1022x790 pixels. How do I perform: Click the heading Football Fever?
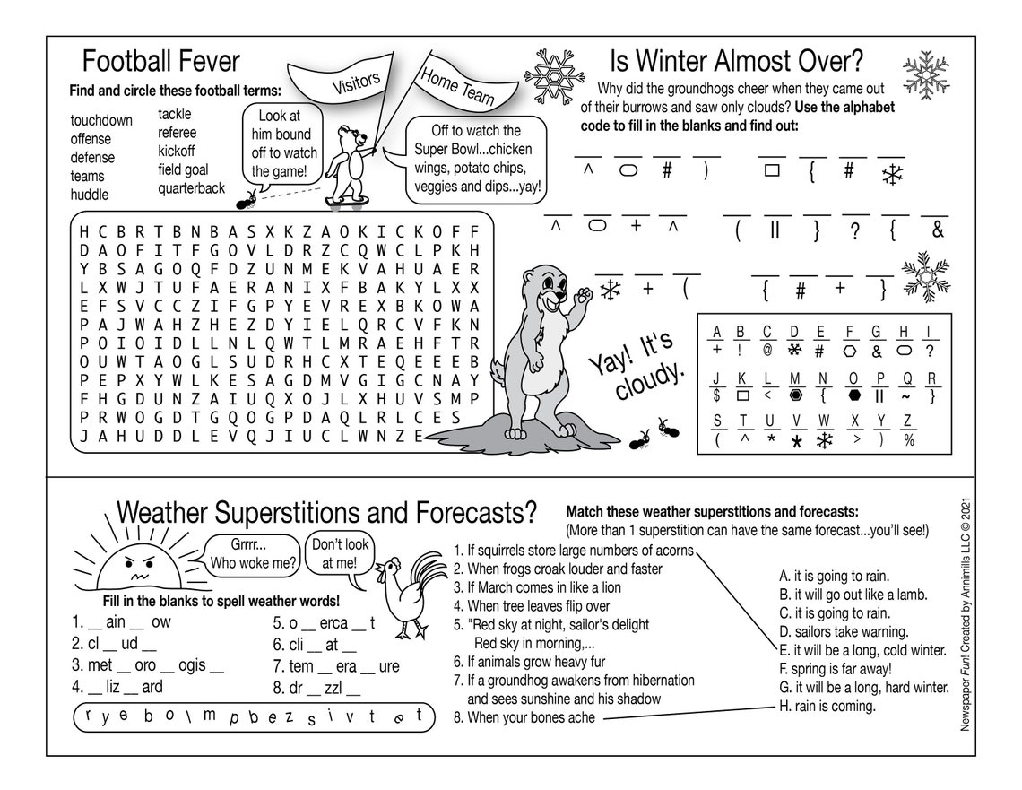pos(161,62)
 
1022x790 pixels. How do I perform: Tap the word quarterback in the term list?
pos(192,188)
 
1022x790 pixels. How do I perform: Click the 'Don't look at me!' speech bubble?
pos(339,554)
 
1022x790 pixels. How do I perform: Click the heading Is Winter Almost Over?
pos(736,62)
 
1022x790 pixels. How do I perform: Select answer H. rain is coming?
pos(827,706)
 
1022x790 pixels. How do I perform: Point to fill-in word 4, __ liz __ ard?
pos(117,688)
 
